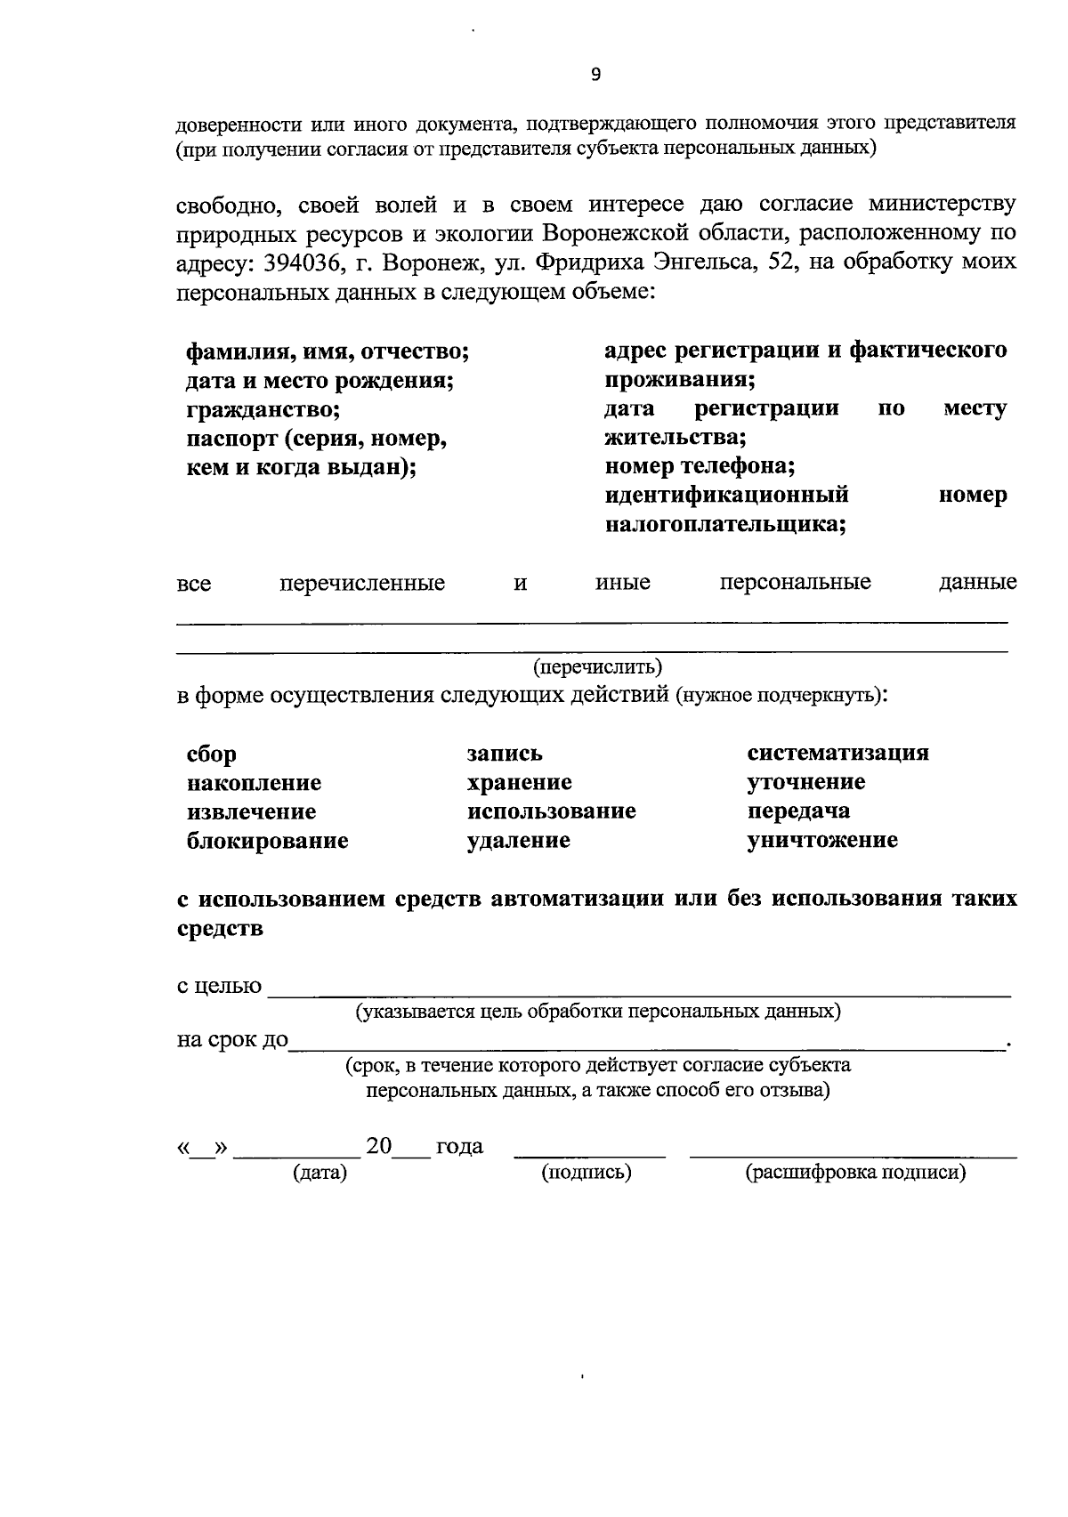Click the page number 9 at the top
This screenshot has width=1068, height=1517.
pos(595,75)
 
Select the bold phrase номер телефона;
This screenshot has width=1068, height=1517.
pos(700,465)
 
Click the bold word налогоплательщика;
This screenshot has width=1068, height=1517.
pos(725,524)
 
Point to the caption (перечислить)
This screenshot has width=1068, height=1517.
pos(597,666)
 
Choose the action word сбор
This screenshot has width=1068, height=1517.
pos(212,754)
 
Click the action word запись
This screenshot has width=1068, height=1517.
pos(505,754)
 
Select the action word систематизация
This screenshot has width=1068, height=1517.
pos(837,753)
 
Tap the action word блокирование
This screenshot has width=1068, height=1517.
pos(267,841)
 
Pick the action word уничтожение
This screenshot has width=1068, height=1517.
pos(822,840)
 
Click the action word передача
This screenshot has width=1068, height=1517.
pos(798,811)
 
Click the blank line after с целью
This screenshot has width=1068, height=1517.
pos(639,995)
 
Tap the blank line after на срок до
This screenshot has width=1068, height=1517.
pos(645,1049)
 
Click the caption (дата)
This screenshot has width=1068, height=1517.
pos(320,1174)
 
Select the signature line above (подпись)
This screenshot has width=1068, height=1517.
pos(589,1155)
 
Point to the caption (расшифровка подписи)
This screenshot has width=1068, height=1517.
pos(854,1173)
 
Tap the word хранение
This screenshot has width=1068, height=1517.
pos(519,783)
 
